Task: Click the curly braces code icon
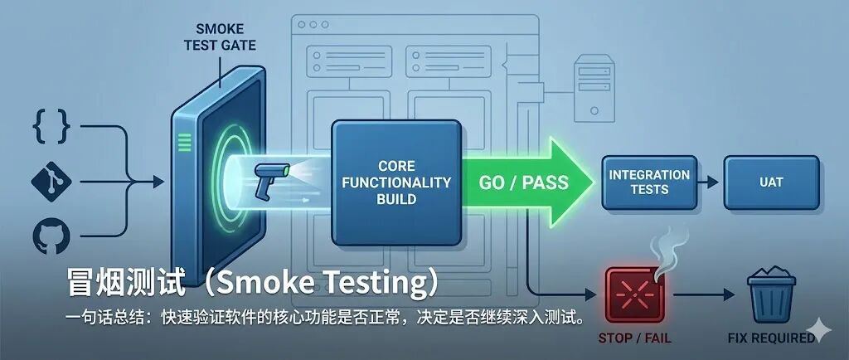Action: (51, 126)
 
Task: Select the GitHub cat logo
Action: (51, 235)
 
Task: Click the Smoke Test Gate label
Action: (219, 36)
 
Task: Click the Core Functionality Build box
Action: (395, 182)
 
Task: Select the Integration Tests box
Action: (649, 182)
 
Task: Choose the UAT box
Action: (771, 182)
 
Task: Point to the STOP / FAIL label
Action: (634, 338)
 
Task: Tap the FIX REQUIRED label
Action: (771, 338)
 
